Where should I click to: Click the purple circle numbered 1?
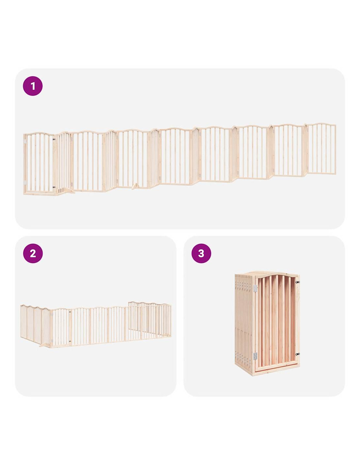pos(33,86)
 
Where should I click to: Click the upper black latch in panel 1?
pos(54,140)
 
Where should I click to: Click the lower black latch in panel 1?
pos(54,187)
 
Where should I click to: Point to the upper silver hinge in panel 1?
pos(25,142)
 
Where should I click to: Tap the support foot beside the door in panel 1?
pos(67,191)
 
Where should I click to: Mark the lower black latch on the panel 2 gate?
pos(70,341)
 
